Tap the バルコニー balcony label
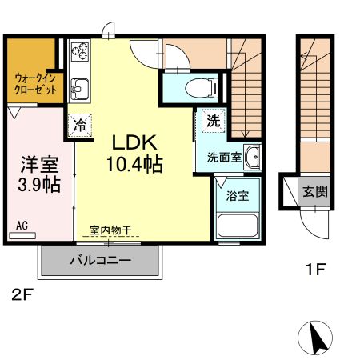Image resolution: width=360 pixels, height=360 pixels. pyautogui.click(x=100, y=260)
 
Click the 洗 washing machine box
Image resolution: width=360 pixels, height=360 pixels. pyautogui.click(x=213, y=122)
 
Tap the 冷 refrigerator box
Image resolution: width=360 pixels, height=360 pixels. pyautogui.click(x=80, y=125)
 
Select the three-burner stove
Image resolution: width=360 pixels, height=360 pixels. pyautogui.click(x=80, y=53)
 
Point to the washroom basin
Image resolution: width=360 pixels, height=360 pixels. pyautogui.click(x=252, y=158)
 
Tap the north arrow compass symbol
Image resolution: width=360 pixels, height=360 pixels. pyautogui.click(x=316, y=338)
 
